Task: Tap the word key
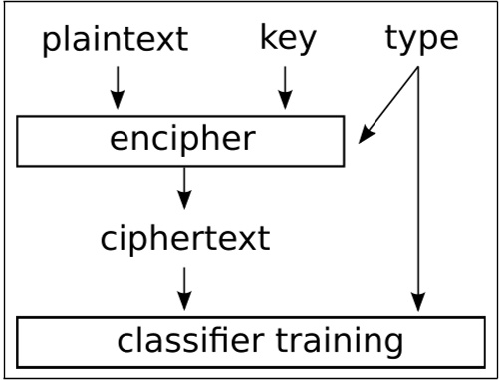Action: pyautogui.click(x=288, y=39)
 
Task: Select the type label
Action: pyautogui.click(x=420, y=39)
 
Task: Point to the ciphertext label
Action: pyautogui.click(x=184, y=239)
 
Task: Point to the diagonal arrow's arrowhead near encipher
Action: pyautogui.click(x=366, y=136)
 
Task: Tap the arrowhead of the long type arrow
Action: pyautogui.click(x=419, y=303)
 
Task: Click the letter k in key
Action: pyautogui.click(x=268, y=38)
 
